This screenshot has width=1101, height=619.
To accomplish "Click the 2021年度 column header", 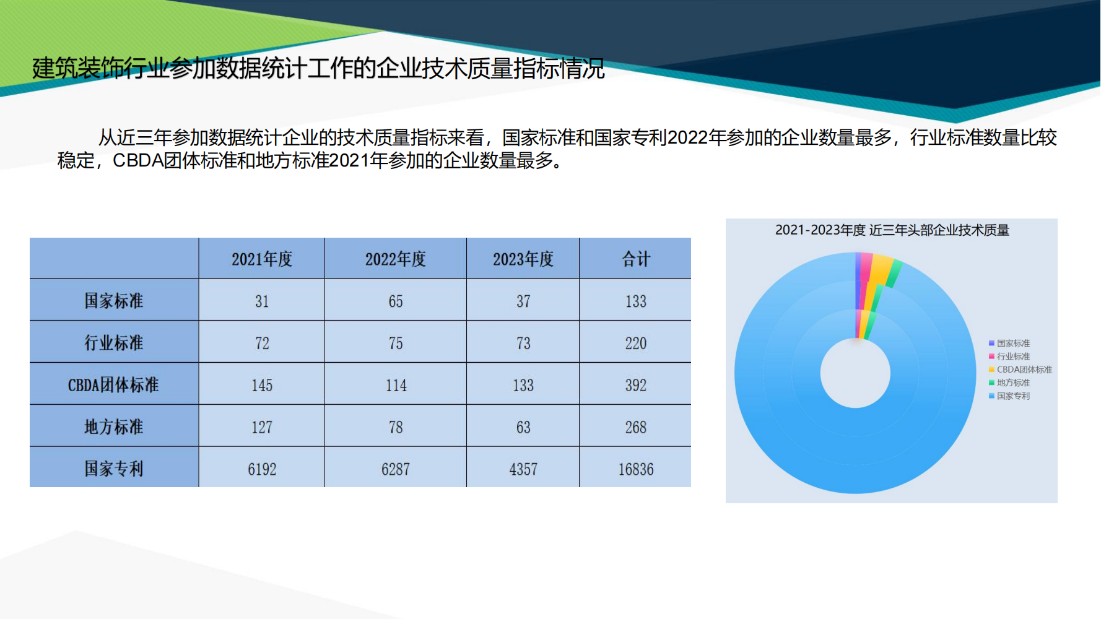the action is pyautogui.click(x=262, y=259).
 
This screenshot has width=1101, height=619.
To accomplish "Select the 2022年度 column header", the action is pyautogui.click(x=396, y=259).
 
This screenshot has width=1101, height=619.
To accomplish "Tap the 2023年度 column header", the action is pyautogui.click(x=523, y=259).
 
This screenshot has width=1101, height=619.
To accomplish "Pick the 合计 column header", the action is pyautogui.click(x=636, y=259).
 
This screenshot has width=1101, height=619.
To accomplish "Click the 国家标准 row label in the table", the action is pyautogui.click(x=114, y=301).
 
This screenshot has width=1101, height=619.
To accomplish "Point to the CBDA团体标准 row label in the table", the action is pyautogui.click(x=114, y=385).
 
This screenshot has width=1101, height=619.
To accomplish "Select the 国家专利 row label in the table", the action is pyautogui.click(x=114, y=469).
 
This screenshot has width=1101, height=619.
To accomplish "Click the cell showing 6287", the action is pyautogui.click(x=396, y=469).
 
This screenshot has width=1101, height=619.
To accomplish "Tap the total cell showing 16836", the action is pyautogui.click(x=636, y=469).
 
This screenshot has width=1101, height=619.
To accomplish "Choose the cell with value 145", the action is pyautogui.click(x=262, y=385).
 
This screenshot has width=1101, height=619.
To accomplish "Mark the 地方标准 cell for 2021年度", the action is pyautogui.click(x=262, y=427).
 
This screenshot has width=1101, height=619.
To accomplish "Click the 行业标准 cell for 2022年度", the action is pyautogui.click(x=396, y=343).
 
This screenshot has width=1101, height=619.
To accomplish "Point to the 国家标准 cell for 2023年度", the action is pyautogui.click(x=523, y=301).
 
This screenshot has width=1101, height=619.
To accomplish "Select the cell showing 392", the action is pyautogui.click(x=636, y=385).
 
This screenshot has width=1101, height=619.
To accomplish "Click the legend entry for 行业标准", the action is pyautogui.click(x=1009, y=357).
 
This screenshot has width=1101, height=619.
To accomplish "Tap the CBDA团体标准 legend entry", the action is pyautogui.click(x=1020, y=370).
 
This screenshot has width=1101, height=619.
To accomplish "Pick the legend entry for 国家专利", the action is pyautogui.click(x=1009, y=396).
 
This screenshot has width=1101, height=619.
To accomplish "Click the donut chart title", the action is pyautogui.click(x=892, y=230).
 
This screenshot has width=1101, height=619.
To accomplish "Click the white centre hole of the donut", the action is pyautogui.click(x=855, y=373).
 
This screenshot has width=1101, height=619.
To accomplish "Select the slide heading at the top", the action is pyautogui.click(x=318, y=68).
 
